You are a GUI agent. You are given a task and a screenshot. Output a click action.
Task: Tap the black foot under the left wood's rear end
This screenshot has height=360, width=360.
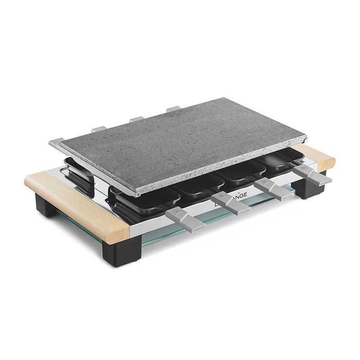pyautogui.click(x=45, y=207)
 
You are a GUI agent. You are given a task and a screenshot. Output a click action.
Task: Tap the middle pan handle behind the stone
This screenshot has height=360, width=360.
pyautogui.click(x=136, y=119)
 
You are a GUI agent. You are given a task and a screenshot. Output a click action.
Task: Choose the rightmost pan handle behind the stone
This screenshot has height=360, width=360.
pyautogui.click(x=173, y=108)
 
